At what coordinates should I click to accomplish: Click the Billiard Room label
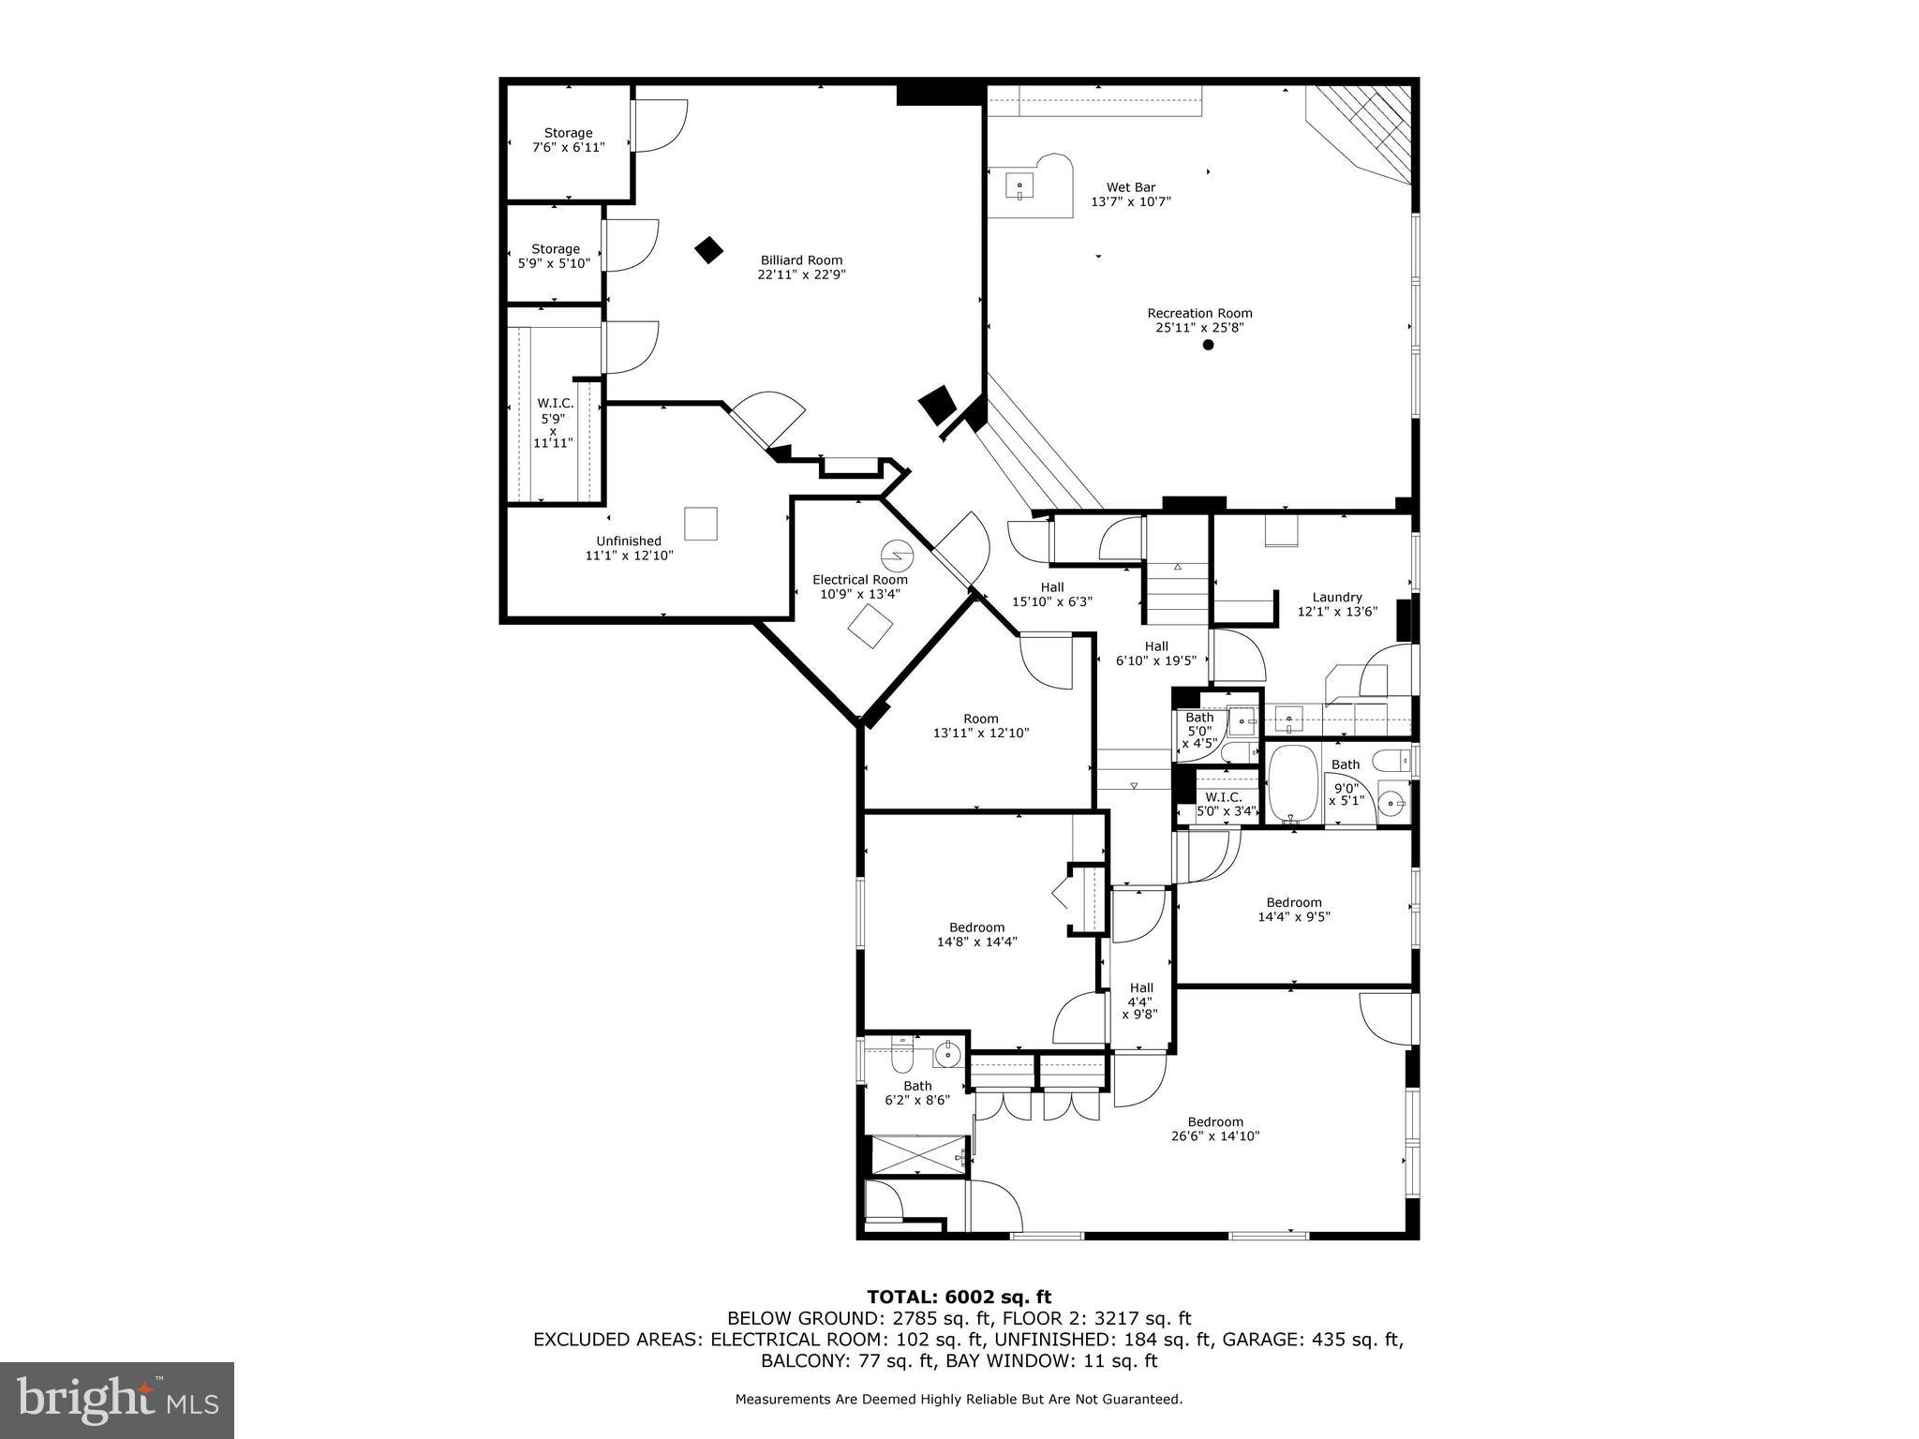[x=801, y=260]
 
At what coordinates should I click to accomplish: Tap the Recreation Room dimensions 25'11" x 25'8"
[x=1199, y=328]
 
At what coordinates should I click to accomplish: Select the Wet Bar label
[x=1131, y=187]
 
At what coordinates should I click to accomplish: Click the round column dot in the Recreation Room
[x=1208, y=345]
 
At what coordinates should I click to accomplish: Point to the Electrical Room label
[x=859, y=580]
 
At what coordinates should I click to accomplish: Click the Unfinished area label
[x=629, y=541]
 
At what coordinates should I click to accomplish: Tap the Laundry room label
[x=1336, y=598]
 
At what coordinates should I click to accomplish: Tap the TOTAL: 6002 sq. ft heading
[x=959, y=1297]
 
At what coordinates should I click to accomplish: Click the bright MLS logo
[x=116, y=1400]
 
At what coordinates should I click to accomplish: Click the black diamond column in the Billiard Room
[x=709, y=249]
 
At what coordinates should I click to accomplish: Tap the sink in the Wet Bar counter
[x=1019, y=186]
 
